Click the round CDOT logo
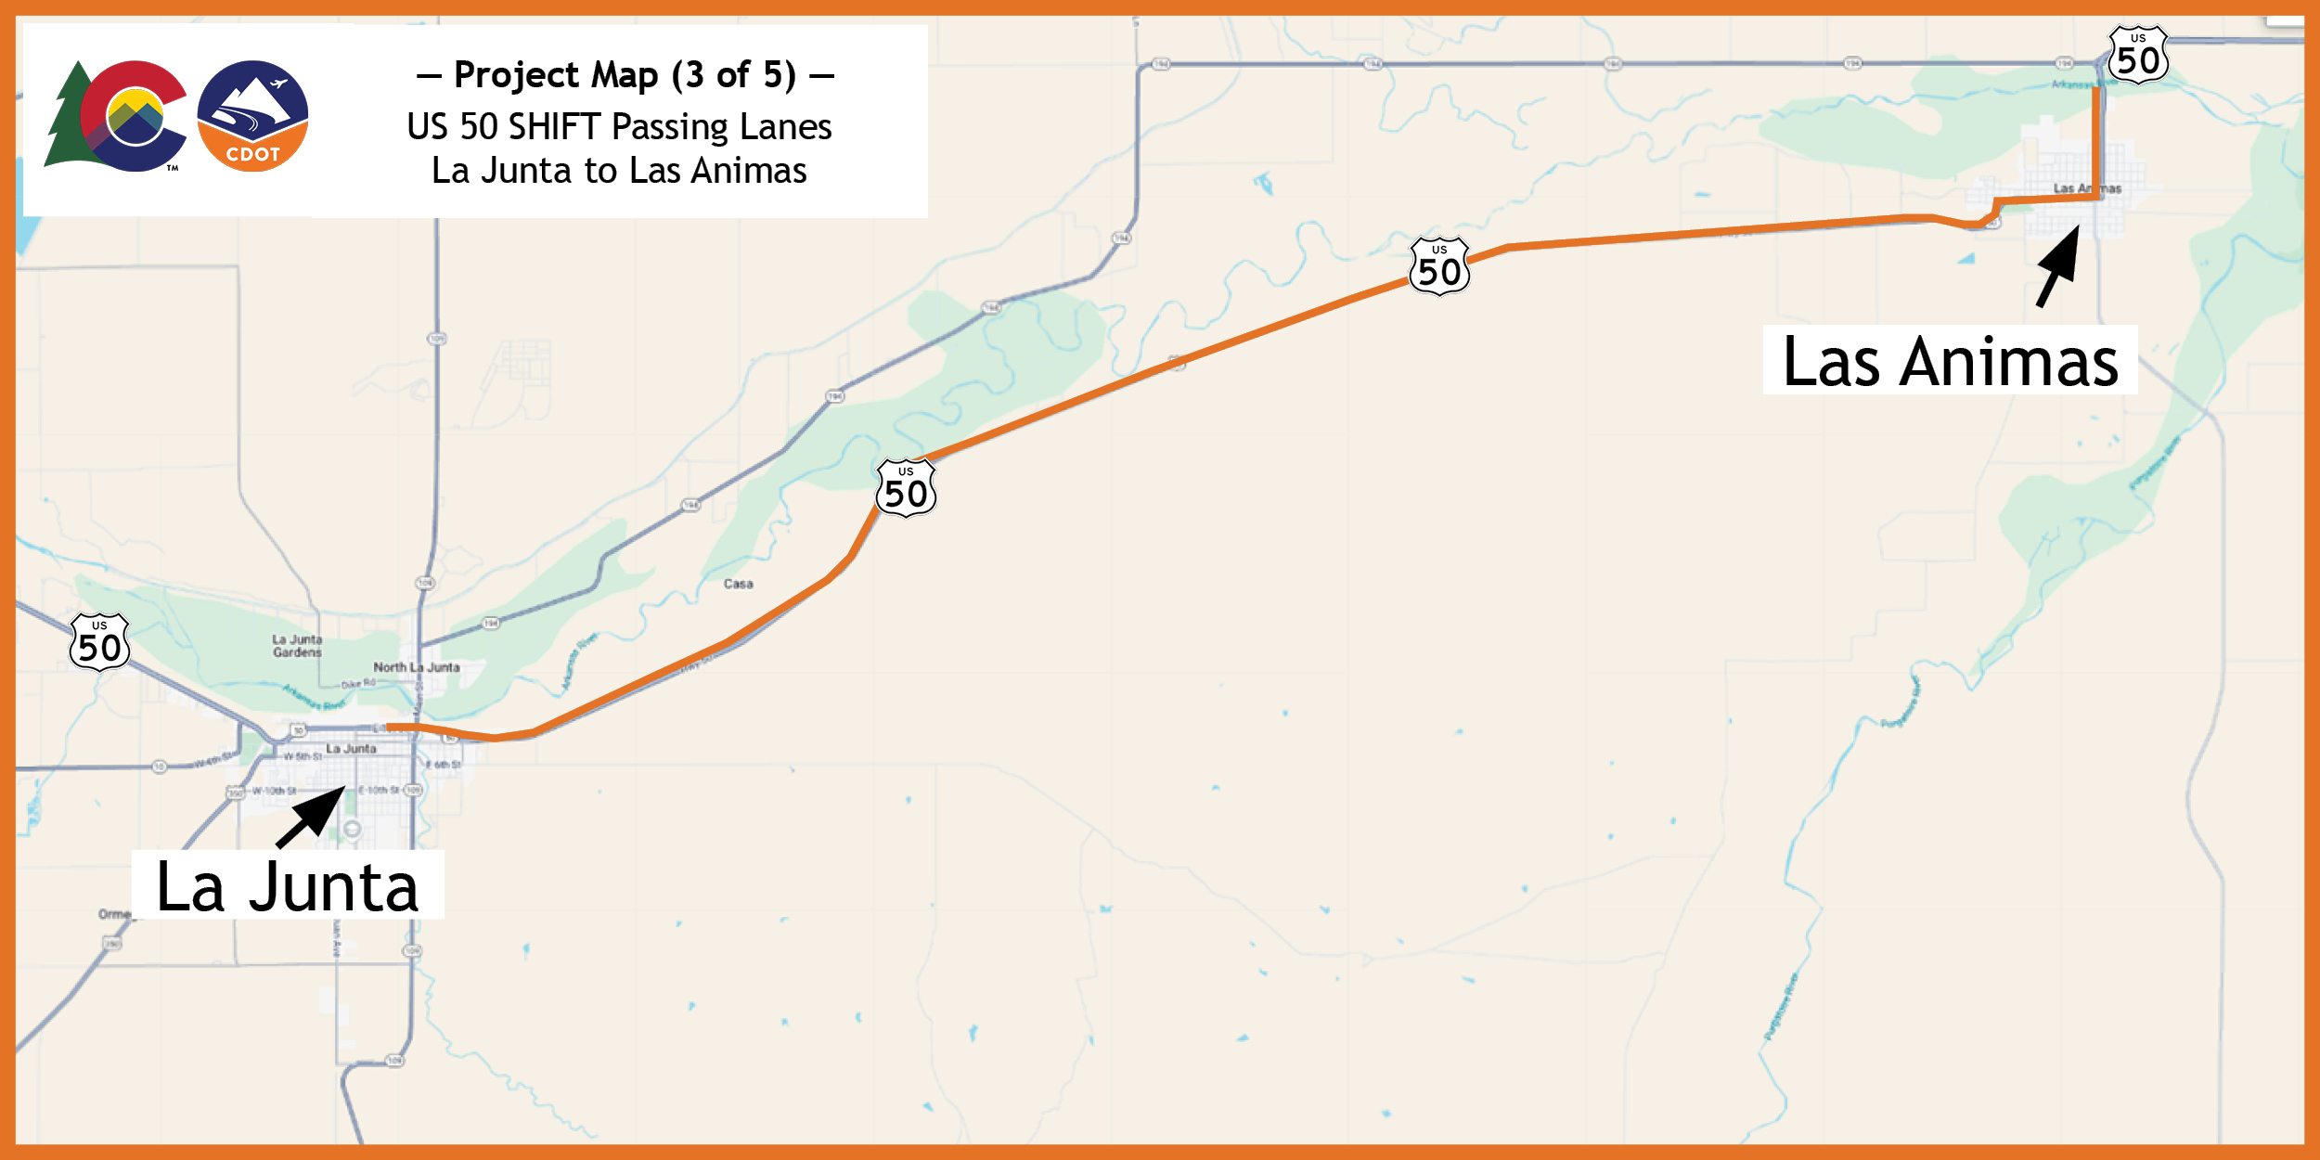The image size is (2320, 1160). (252, 116)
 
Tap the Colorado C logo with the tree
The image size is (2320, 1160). (121, 117)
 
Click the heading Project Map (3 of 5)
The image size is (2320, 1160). (625, 75)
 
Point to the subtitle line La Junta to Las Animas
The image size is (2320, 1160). (619, 171)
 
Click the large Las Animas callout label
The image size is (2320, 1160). (1950, 361)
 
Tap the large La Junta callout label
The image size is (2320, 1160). (288, 886)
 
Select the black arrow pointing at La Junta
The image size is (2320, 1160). (312, 817)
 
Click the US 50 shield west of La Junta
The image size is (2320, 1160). (99, 642)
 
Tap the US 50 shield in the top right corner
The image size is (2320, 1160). (2138, 56)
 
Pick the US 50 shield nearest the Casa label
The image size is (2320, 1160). (906, 488)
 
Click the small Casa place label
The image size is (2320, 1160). (739, 584)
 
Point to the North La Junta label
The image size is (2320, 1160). (416, 667)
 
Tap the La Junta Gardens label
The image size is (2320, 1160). (297, 646)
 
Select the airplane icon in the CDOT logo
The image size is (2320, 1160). (277, 84)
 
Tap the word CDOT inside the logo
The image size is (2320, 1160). (252, 154)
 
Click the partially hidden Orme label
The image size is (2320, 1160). (115, 914)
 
